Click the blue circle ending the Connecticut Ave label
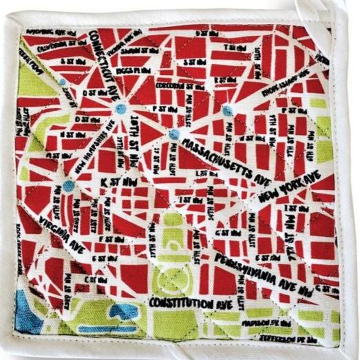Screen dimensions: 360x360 coord(120,109)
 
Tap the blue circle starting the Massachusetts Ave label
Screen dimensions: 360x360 coord(174,134)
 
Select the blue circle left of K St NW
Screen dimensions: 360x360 coord(68,185)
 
